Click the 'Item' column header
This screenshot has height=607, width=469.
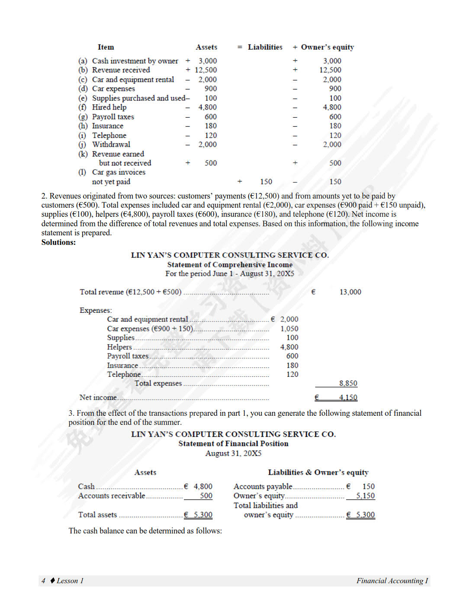(106, 47)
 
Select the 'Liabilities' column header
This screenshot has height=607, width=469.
(265, 47)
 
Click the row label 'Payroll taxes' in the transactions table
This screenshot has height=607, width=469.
(113, 117)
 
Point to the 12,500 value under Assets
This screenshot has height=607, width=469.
(206, 70)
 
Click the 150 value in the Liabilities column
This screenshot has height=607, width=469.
(266, 182)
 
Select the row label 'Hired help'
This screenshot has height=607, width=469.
(109, 107)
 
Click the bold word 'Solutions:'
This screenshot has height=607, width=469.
(58, 242)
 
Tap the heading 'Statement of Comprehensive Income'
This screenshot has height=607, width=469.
(230, 265)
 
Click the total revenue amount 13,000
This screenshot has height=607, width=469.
(350, 292)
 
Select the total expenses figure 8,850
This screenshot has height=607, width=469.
(348, 383)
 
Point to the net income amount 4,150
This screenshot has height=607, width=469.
(348, 398)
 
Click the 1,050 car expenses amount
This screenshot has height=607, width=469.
(289, 329)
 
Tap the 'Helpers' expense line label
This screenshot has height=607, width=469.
(119, 347)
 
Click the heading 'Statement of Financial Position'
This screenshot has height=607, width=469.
(233, 443)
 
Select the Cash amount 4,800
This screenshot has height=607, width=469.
(203, 486)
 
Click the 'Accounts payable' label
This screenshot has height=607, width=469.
(263, 486)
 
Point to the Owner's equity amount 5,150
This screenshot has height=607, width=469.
(365, 496)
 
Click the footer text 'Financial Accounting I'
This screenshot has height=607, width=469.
(392, 581)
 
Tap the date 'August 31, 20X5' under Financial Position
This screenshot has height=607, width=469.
(233, 453)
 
